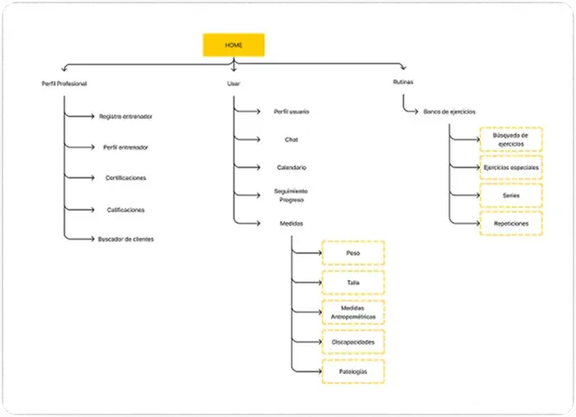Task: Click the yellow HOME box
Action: click(x=234, y=45)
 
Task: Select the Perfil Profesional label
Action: click(x=64, y=84)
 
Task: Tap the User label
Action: click(x=234, y=84)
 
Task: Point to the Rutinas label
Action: click(x=403, y=82)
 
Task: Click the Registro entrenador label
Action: click(x=125, y=117)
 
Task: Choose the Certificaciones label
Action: click(x=125, y=178)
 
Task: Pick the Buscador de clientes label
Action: click(x=125, y=239)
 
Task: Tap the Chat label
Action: click(x=291, y=139)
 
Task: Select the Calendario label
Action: click(x=291, y=168)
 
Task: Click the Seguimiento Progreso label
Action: click(x=291, y=196)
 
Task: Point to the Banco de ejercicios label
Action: click(x=449, y=112)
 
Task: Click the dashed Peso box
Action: click(x=354, y=253)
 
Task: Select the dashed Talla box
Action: click(x=354, y=283)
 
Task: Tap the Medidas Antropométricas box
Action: click(x=354, y=312)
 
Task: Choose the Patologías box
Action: click(x=354, y=371)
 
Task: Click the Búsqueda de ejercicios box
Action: click(x=511, y=139)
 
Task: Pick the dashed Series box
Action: click(x=511, y=196)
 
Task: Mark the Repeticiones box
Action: click(x=511, y=223)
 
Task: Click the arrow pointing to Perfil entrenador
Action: click(x=80, y=147)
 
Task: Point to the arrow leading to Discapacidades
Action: click(x=307, y=342)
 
